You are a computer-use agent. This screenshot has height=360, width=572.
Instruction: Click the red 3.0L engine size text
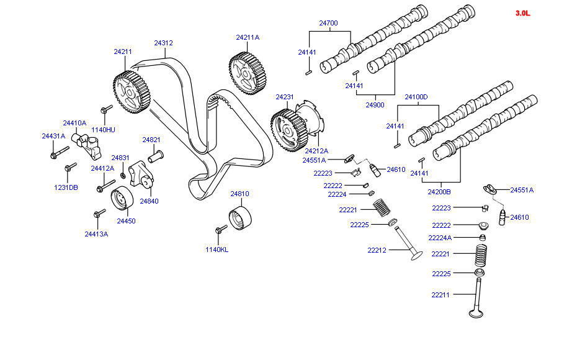point(522,13)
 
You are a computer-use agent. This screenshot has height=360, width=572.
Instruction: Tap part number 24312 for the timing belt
point(163,43)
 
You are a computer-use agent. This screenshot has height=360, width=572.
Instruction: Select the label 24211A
point(248,37)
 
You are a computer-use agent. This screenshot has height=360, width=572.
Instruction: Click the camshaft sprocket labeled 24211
point(132,92)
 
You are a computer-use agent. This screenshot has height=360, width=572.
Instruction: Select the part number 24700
point(328,23)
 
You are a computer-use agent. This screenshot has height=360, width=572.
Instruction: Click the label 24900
point(374,105)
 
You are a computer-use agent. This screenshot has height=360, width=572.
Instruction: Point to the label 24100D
point(416,97)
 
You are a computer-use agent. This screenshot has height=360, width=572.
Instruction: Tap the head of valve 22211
point(476,312)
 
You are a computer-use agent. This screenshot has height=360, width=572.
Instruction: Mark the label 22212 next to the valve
point(377,251)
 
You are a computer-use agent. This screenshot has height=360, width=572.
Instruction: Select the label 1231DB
point(66,187)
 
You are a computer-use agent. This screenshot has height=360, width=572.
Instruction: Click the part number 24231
point(285,97)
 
